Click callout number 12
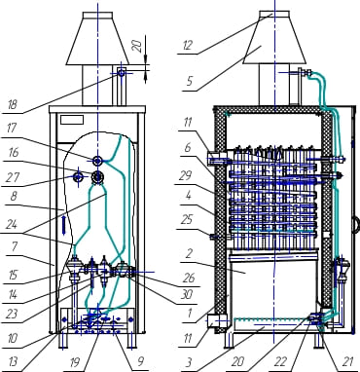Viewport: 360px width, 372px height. [x=188, y=46]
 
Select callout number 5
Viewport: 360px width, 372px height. [x=190, y=81]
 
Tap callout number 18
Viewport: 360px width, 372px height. [x=12, y=105]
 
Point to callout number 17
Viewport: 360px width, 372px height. [x=12, y=128]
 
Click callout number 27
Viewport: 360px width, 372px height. [x=12, y=177]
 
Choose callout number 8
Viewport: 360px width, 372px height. [x=13, y=197]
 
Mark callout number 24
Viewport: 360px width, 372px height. [x=12, y=224]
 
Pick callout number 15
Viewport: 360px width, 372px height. [x=13, y=276]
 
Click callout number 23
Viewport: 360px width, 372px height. [x=12, y=314]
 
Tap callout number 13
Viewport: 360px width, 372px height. [x=13, y=361]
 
